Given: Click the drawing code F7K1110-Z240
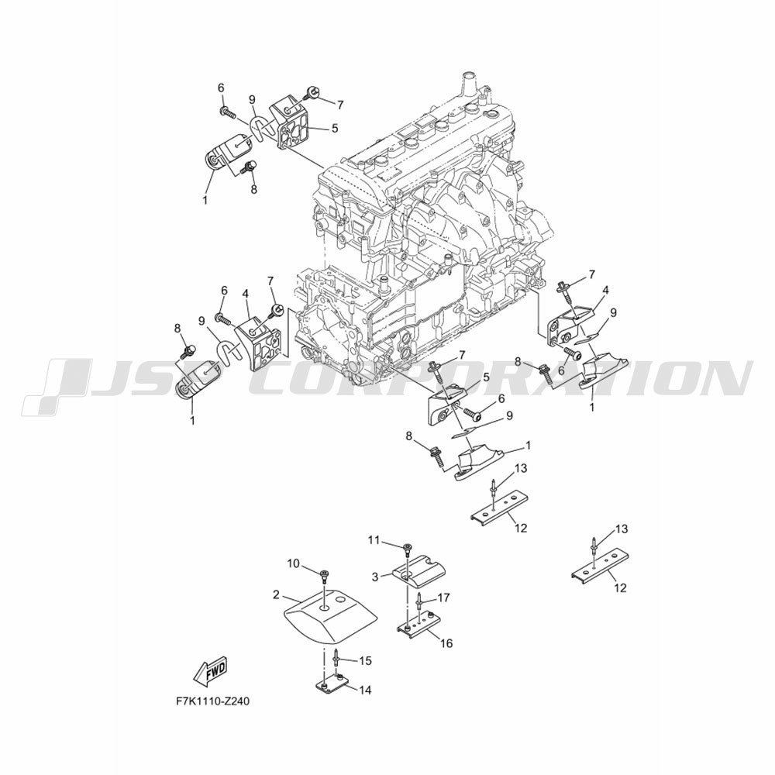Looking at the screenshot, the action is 212,701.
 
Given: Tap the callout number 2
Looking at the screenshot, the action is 276,594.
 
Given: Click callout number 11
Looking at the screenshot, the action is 374,540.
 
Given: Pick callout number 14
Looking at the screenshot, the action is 366,690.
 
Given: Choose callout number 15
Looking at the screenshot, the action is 365,661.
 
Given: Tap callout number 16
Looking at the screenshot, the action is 446,643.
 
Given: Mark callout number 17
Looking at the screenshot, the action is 443,598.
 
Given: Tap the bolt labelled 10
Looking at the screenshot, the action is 324,575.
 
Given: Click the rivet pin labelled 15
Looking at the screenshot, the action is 336,657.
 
